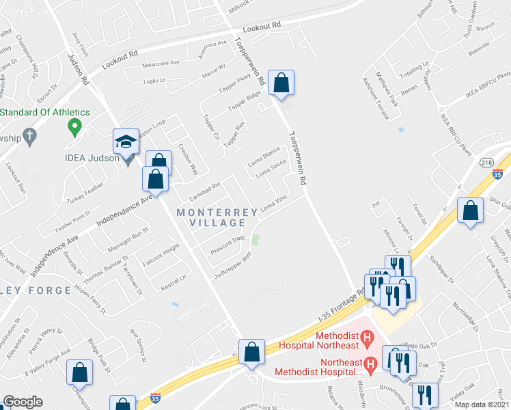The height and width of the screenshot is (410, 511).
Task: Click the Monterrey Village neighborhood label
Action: click(211, 217)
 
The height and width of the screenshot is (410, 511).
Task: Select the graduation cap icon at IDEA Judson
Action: click(126, 141)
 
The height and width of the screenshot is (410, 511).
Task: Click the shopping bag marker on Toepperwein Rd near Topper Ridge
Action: click(281, 84)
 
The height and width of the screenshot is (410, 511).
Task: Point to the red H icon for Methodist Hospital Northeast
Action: click(368, 338)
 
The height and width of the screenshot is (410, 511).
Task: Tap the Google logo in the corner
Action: click(23, 402)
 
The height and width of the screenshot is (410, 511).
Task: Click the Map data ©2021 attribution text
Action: click(481, 405)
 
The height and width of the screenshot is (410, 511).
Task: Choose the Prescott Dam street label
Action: click(227, 244)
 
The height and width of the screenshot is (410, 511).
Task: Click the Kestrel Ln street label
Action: click(174, 280)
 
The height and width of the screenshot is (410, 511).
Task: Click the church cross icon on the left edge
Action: click(29, 137)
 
